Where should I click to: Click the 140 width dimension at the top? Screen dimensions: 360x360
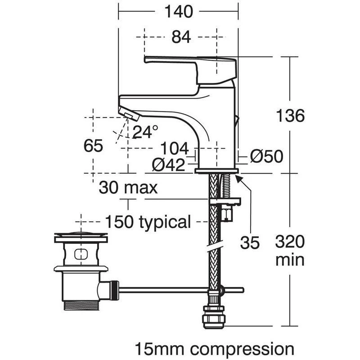(178, 11)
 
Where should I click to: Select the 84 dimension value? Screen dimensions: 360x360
(181, 38)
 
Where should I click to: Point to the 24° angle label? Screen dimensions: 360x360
(145, 131)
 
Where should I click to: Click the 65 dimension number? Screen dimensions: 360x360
(94, 146)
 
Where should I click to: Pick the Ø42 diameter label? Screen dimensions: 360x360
(168, 165)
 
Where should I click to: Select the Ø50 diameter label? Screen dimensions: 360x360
(266, 157)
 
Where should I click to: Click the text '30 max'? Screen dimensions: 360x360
(128, 187)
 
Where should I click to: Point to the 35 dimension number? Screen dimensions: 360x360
(250, 243)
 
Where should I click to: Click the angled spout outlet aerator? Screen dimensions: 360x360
(129, 113)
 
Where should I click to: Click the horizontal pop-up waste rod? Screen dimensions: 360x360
(180, 290)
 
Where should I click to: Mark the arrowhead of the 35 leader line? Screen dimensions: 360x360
(238, 178)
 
